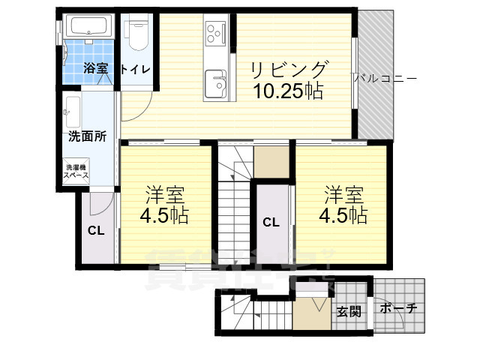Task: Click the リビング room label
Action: click(289, 70)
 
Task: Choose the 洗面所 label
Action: click(87, 136)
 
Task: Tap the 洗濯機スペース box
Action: click(76, 171)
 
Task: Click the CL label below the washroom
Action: click(95, 230)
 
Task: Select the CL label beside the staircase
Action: click(271, 221)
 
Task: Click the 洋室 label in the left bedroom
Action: click(165, 195)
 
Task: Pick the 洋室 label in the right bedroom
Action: click(344, 195)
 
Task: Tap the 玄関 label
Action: click(348, 310)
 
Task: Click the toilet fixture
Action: click(137, 34)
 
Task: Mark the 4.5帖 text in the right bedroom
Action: click(343, 216)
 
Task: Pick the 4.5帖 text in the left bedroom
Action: click(165, 216)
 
